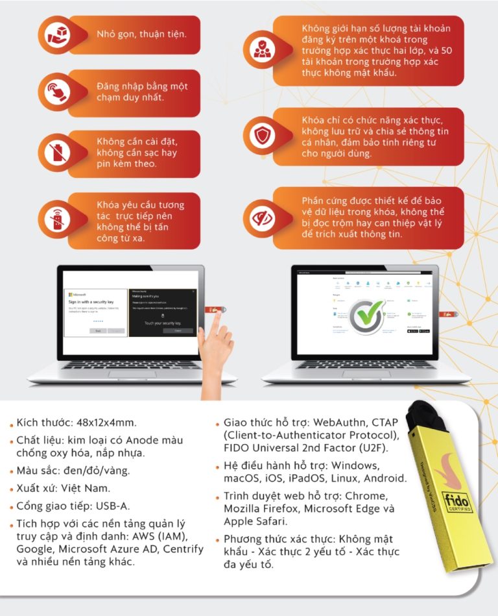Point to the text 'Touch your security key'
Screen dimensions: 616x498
162,322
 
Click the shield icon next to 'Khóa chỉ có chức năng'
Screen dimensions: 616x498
261,136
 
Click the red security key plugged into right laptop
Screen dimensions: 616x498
447,314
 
